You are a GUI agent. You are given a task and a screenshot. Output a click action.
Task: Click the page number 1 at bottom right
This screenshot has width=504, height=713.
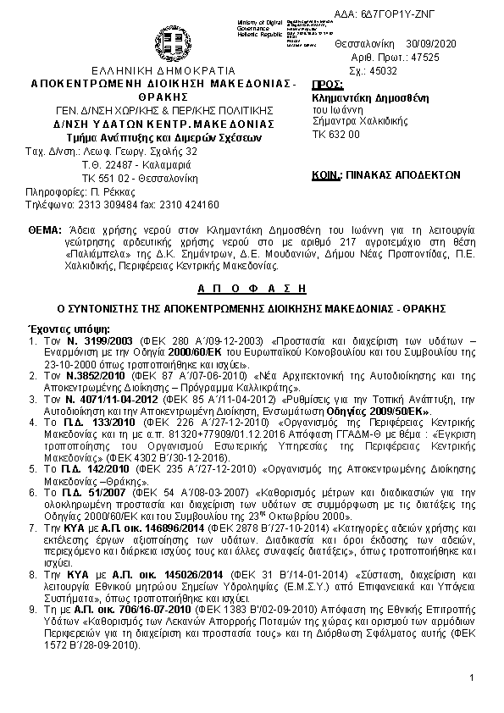tap(471, 679)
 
